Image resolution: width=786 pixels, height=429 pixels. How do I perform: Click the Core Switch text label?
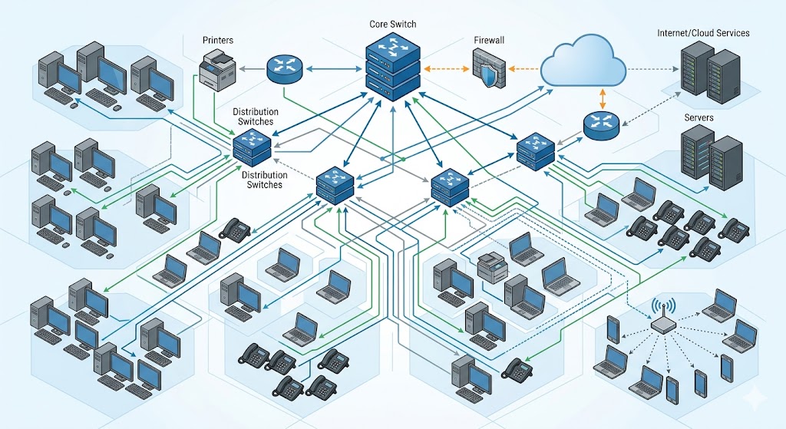tap(392, 25)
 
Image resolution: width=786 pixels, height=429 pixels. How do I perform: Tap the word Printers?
tap(217, 39)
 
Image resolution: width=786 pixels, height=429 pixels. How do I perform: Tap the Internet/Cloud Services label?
tap(703, 34)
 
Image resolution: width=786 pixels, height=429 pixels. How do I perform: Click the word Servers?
tap(698, 117)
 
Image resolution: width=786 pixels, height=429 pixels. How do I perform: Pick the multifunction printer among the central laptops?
tap(491, 266)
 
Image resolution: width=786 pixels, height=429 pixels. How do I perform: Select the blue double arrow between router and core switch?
tap(333, 69)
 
